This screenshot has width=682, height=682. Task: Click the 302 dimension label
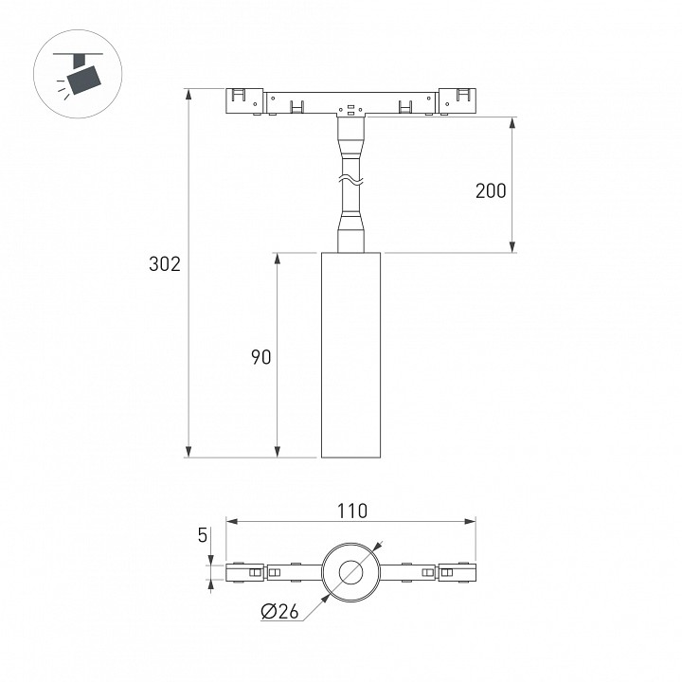coord(165,264)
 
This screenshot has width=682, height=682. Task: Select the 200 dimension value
coord(491,191)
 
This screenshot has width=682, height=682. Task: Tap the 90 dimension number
coord(261,357)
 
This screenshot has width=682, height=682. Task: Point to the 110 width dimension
coord(352,511)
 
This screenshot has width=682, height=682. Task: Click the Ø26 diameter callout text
coord(280,612)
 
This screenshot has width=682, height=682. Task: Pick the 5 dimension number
coord(203,535)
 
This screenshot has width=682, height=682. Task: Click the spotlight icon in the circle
coord(79,73)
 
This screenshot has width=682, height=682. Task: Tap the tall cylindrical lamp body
coord(351,355)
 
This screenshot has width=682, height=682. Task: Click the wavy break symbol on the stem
coord(351,178)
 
